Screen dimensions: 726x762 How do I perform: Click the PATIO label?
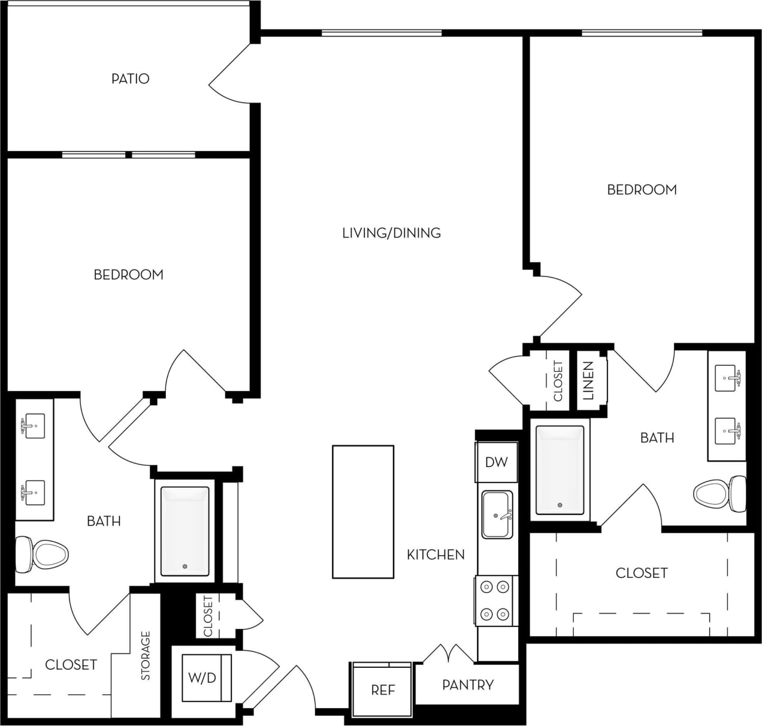130,79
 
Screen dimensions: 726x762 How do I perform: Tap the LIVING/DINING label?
391,233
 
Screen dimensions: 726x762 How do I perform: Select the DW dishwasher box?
496,462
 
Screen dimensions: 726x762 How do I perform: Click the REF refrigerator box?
383,690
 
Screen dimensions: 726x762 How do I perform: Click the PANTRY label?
468,685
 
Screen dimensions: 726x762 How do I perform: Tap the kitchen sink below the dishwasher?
497,514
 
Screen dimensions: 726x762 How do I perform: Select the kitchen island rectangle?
363,511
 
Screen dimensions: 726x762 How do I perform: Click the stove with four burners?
495,600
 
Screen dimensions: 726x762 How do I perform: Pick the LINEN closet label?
588,380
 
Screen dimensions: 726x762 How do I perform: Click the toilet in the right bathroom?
718,494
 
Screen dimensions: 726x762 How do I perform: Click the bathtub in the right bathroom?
560,470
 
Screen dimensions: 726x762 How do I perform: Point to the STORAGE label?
146,656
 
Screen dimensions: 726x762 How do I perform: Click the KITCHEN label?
436,555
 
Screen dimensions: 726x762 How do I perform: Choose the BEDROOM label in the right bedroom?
642,189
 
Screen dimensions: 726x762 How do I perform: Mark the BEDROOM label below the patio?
128,275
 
